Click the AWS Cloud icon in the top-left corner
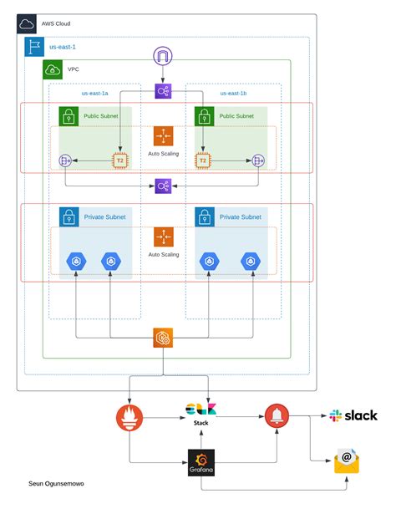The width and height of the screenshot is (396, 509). pos(28,24)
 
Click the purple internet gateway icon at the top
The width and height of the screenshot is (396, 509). pos(162,57)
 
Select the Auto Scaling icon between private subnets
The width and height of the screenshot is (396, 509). pos(163,237)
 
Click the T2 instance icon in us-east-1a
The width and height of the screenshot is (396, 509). pos(120,160)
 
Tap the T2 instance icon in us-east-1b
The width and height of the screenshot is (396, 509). pos(201,160)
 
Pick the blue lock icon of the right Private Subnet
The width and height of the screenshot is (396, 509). pos(204,217)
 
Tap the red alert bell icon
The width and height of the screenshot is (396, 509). pos(276,415)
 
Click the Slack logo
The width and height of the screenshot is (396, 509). pos(353,415)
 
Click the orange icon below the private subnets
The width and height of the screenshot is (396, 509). pos(163,338)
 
